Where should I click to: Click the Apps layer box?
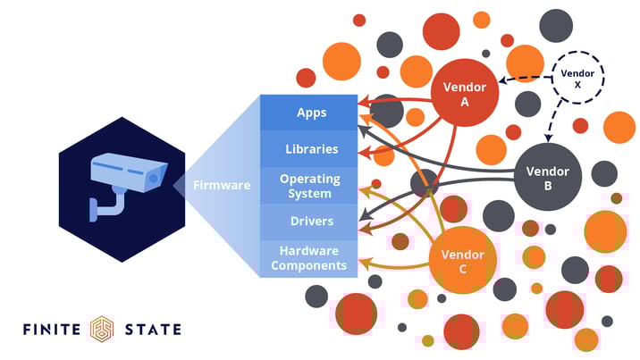click(x=311, y=113)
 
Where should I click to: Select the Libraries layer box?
click(x=311, y=149)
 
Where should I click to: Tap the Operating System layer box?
click(x=311, y=186)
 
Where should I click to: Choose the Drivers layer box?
click(x=311, y=222)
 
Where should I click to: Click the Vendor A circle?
click(x=464, y=94)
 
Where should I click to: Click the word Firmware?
click(x=222, y=186)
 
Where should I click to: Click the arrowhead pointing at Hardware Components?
click(x=363, y=264)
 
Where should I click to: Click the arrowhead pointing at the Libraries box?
click(x=363, y=154)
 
